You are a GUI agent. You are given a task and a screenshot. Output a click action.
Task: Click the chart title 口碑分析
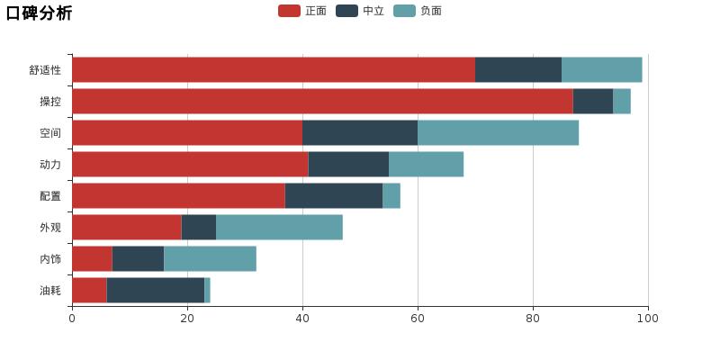point(39,13)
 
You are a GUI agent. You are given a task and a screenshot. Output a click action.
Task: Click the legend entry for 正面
point(303,11)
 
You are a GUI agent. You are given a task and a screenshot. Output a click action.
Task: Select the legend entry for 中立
point(361,11)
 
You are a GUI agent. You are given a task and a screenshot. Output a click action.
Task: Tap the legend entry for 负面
point(418,11)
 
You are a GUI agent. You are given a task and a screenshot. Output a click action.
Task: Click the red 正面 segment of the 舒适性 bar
point(273,69)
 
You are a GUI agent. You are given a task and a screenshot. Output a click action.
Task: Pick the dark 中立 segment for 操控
point(592,101)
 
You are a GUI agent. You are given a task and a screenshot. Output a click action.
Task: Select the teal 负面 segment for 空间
point(498,132)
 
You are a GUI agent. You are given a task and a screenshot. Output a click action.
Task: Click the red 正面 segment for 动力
point(190,164)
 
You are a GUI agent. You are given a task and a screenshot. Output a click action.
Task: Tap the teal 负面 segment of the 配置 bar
point(391,195)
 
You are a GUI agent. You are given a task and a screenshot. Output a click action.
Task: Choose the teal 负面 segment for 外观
point(279,227)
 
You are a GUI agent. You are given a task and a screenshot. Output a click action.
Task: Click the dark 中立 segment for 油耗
point(155,290)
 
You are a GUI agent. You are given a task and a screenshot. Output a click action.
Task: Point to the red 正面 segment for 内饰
point(92,258)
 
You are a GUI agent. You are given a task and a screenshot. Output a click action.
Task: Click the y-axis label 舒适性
point(45,69)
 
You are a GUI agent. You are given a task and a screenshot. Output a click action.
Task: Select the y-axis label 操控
point(50,101)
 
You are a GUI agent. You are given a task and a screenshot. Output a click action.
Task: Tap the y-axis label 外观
point(50,227)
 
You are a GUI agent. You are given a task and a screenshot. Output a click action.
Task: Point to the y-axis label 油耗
point(50,290)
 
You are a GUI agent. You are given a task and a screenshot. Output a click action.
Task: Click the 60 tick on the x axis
point(418,318)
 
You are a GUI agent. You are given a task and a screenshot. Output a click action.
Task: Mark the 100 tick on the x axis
point(647,318)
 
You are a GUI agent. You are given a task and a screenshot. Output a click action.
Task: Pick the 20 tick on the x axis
point(187,318)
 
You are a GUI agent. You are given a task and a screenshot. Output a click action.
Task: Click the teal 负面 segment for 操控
point(622,101)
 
